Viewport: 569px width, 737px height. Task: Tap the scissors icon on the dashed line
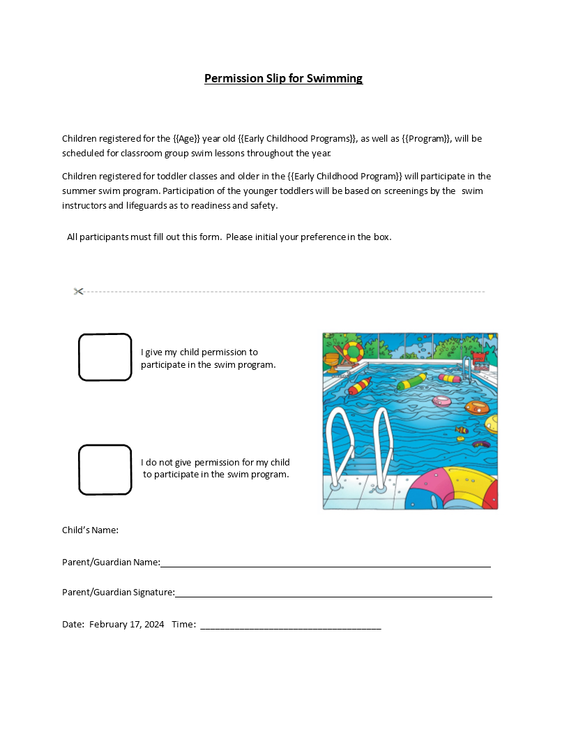pyautogui.click(x=78, y=291)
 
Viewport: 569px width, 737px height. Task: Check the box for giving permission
pyautogui.click(x=105, y=357)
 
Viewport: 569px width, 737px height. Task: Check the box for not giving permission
pyautogui.click(x=105, y=469)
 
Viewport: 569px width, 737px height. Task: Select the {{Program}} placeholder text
pyautogui.click(x=426, y=138)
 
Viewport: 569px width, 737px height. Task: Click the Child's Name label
pyautogui.click(x=90, y=530)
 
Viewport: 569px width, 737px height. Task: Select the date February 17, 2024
pyautogui.click(x=126, y=624)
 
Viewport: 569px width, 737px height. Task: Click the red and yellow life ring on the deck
pyautogui.click(x=353, y=350)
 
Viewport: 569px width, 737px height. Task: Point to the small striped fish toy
pyautogui.click(x=461, y=431)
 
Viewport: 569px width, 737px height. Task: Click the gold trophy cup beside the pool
pyautogui.click(x=332, y=362)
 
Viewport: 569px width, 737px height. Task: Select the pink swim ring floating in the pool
pyautogui.click(x=442, y=401)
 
